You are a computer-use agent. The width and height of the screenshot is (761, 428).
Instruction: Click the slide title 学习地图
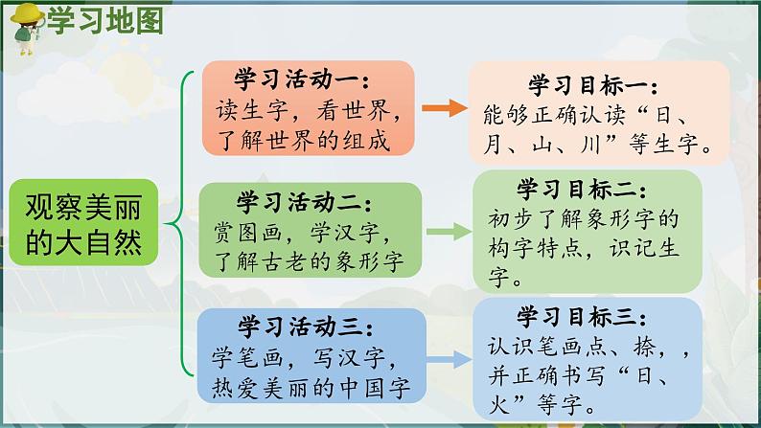click(104, 21)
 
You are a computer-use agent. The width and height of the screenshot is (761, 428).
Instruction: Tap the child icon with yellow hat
click(27, 28)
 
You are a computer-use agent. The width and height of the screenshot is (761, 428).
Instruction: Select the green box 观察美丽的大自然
click(83, 222)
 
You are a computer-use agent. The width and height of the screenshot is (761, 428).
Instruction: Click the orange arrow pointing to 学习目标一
click(445, 108)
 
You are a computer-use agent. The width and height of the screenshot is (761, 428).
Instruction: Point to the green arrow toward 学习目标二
click(449, 232)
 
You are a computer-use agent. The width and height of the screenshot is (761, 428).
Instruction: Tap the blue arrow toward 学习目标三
click(449, 359)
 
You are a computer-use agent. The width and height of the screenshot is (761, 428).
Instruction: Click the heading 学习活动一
click(302, 79)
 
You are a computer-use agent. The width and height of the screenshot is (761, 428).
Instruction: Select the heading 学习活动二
click(304, 202)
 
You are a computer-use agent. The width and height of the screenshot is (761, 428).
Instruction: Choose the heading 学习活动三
click(306, 327)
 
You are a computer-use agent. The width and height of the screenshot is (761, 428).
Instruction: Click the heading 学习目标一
click(592, 85)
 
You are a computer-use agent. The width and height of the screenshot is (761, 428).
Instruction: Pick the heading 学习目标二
click(581, 189)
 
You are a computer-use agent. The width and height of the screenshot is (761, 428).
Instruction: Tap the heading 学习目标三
click(581, 317)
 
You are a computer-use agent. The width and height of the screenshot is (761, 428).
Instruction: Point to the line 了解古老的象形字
click(309, 262)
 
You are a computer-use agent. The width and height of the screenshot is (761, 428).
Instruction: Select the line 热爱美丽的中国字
click(311, 388)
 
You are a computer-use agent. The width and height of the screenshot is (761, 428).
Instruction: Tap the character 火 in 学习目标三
click(499, 405)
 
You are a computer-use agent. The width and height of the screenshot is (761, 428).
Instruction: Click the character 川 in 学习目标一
click(590, 144)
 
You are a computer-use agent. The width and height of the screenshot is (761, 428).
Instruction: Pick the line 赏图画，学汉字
click(302, 233)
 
